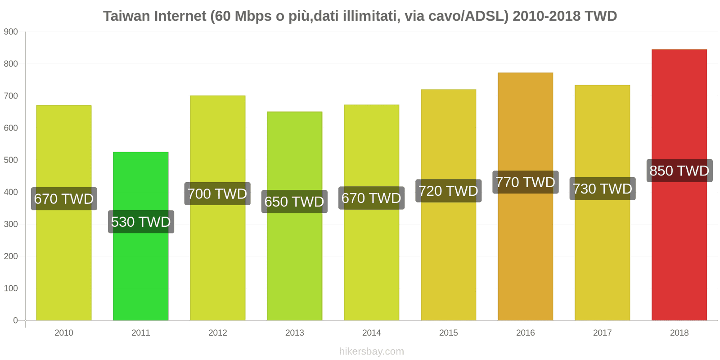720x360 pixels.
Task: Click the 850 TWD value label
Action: tap(679, 171)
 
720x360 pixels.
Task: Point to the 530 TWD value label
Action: tap(141, 222)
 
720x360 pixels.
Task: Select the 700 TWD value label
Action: tap(217, 194)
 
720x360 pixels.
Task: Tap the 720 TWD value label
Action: tap(448, 191)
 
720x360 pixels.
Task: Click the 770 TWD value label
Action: tap(525, 182)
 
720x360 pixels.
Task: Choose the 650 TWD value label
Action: tap(294, 202)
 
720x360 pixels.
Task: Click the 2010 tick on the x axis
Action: tap(63, 333)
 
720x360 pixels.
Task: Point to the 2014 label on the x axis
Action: tap(371, 333)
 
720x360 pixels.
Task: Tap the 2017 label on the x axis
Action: tap(602, 333)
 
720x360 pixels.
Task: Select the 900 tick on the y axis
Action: tap(11, 32)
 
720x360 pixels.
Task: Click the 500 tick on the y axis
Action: tap(11, 160)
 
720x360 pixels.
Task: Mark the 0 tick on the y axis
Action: tap(15, 320)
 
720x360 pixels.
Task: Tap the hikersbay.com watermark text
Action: tap(371, 351)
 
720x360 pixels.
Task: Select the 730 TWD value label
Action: tap(602, 189)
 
